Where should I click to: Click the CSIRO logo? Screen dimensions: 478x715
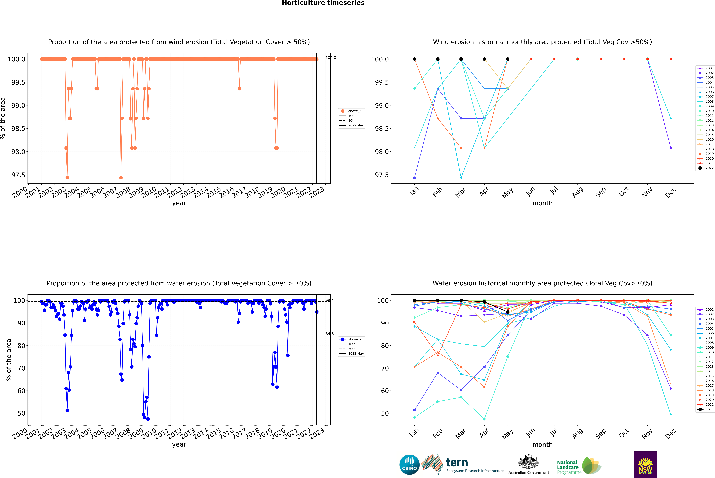(409, 465)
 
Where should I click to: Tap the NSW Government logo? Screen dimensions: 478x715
(645, 465)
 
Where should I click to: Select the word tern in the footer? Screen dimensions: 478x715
(457, 462)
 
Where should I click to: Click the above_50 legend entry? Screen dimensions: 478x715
(355, 111)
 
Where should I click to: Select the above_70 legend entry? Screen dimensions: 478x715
(355, 339)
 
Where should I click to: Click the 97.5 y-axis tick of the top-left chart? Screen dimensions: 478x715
(18, 175)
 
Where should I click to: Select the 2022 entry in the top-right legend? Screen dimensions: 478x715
(709, 168)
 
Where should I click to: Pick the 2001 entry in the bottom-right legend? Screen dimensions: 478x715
(709, 309)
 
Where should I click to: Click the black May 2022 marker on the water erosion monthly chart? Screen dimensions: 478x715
(507, 312)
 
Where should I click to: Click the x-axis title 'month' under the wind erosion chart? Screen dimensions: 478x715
(542, 203)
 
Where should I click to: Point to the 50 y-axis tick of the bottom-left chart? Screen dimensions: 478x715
(21, 413)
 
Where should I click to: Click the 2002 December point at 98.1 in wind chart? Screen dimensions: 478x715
(671, 148)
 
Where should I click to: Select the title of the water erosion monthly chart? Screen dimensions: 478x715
(542, 283)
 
